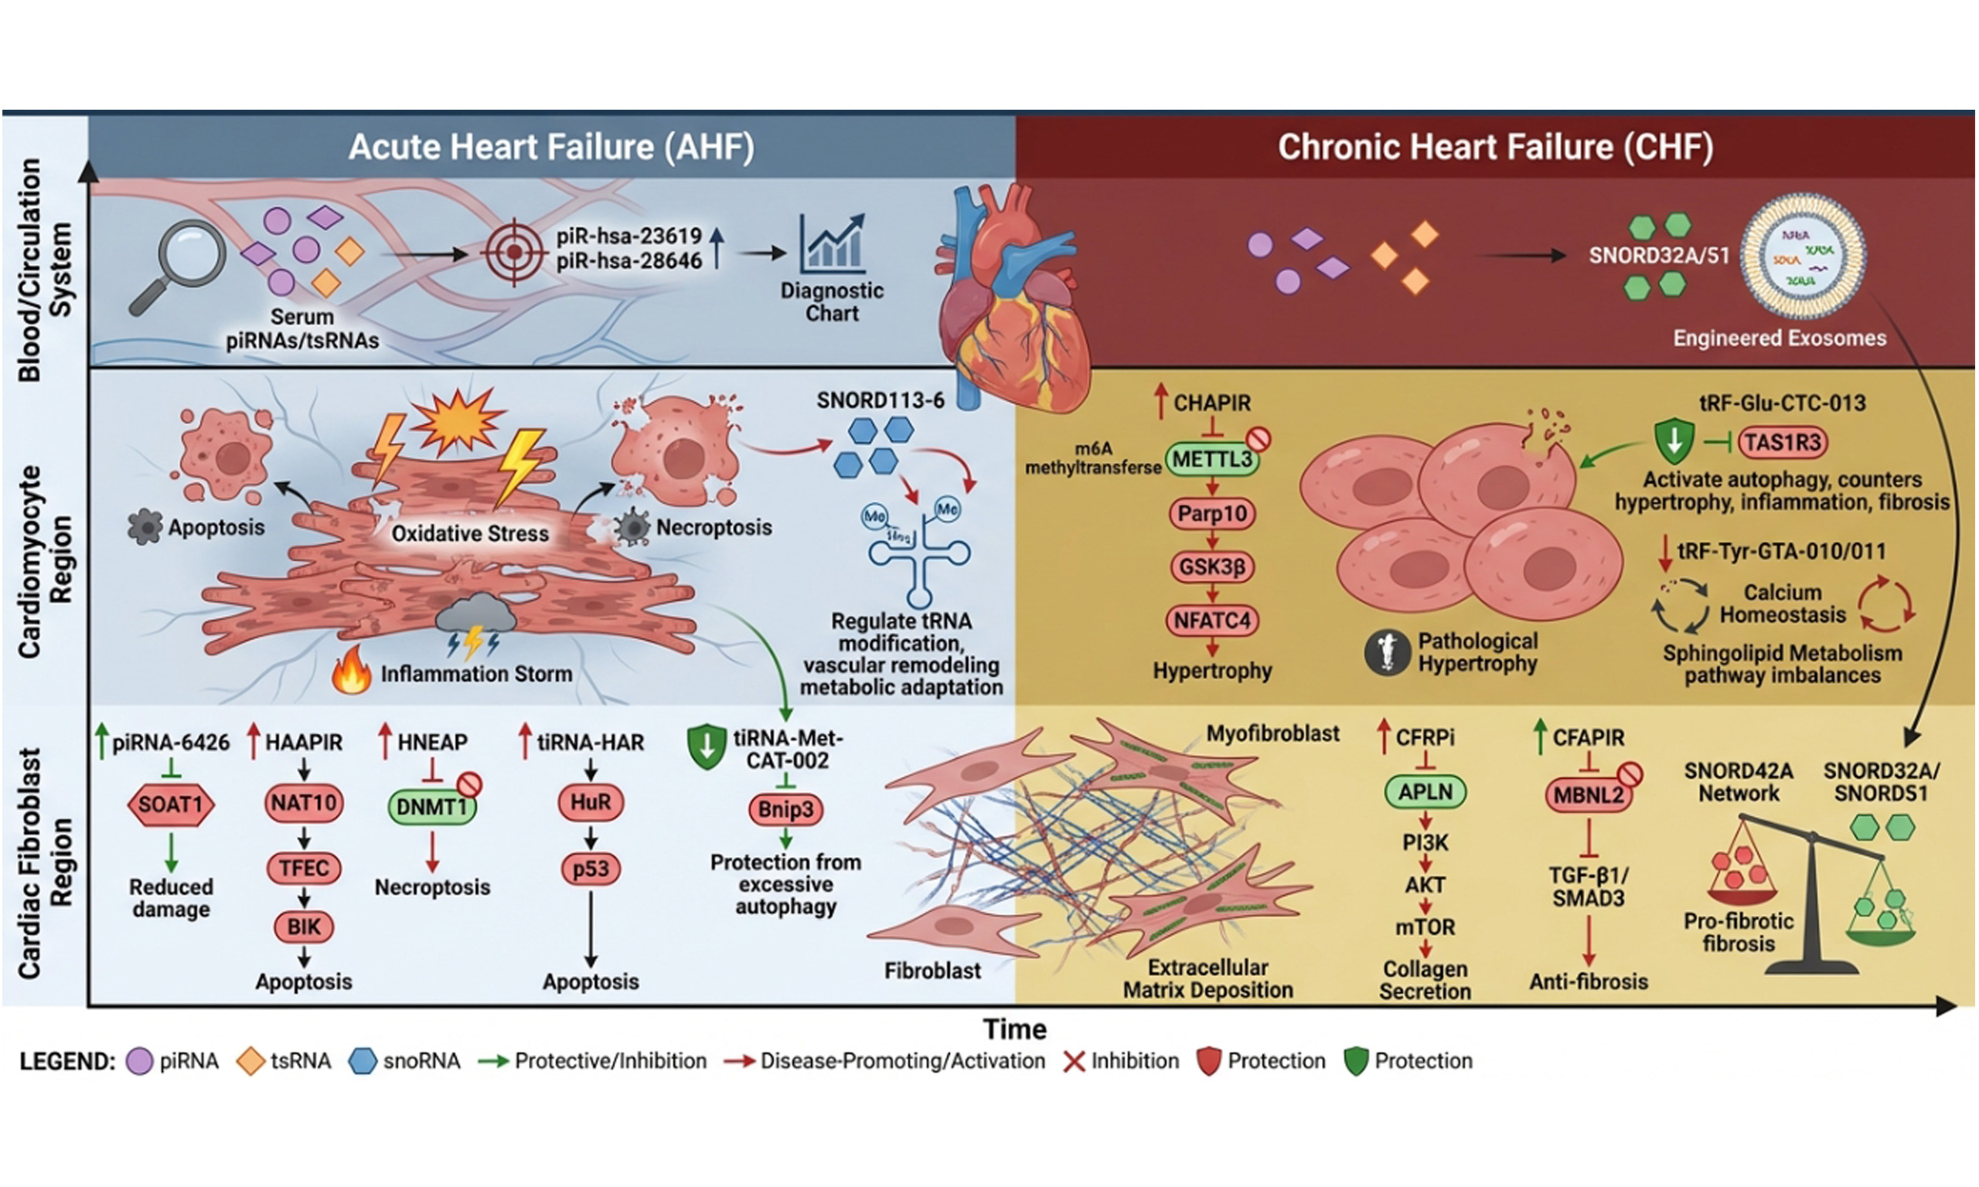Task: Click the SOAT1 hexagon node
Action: (x=171, y=804)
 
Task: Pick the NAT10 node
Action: (x=304, y=802)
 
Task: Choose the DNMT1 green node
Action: (x=432, y=806)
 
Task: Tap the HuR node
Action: (x=591, y=802)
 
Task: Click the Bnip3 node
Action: (x=785, y=809)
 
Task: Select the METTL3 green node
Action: (x=1212, y=459)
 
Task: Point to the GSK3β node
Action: (x=1212, y=567)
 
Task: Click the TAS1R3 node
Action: (x=1782, y=442)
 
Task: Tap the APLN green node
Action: (x=1425, y=792)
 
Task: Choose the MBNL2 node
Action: (x=1589, y=795)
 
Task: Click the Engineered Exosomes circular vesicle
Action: (x=1803, y=256)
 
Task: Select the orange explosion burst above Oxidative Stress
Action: (x=458, y=420)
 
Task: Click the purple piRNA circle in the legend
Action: (x=139, y=1061)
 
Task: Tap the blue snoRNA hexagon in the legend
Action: (x=363, y=1061)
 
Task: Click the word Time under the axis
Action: (x=1014, y=1029)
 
